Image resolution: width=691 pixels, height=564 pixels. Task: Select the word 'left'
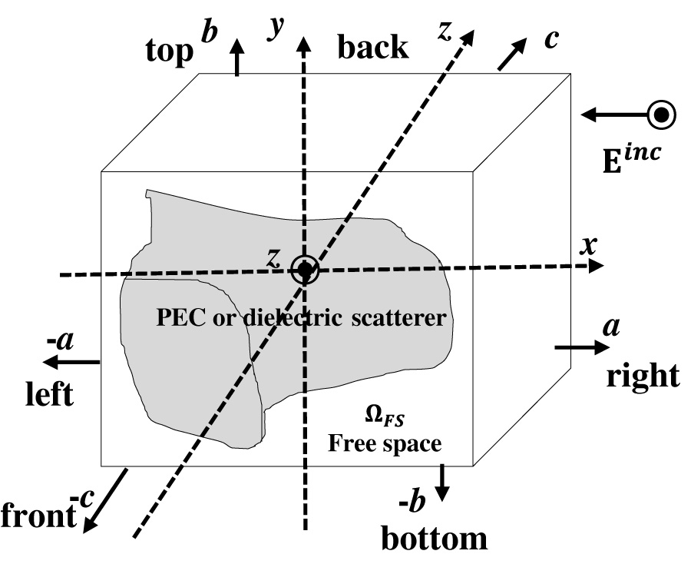click(48, 395)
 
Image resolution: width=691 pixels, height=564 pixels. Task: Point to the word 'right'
click(643, 376)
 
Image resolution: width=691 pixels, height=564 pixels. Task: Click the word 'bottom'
click(435, 538)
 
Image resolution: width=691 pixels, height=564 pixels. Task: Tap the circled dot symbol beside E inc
click(661, 115)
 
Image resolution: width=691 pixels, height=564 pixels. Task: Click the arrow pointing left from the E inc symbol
click(613, 115)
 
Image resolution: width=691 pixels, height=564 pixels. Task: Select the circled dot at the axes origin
click(305, 270)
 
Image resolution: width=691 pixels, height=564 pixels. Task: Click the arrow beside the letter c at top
click(514, 54)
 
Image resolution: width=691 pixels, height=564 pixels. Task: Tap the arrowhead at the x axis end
click(595, 266)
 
